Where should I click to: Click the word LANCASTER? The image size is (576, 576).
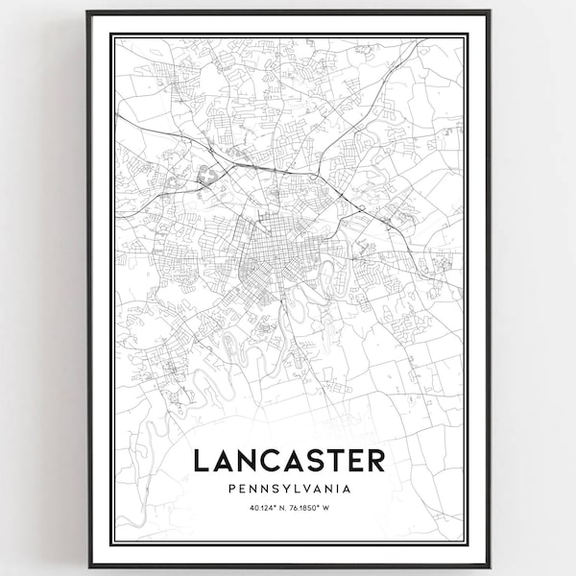tap(289, 460)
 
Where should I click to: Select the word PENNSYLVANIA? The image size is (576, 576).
tap(289, 489)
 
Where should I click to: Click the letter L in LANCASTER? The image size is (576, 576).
tap(201, 460)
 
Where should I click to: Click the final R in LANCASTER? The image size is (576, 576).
tap(376, 460)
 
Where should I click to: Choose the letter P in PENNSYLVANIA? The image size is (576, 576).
tap(232, 489)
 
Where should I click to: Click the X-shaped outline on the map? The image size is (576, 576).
tap(205, 176)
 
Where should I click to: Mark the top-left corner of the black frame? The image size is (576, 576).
tap(88, 12)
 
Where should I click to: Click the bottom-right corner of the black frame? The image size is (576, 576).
tap(489, 565)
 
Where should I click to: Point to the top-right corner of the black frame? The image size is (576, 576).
tap(489, 12)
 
